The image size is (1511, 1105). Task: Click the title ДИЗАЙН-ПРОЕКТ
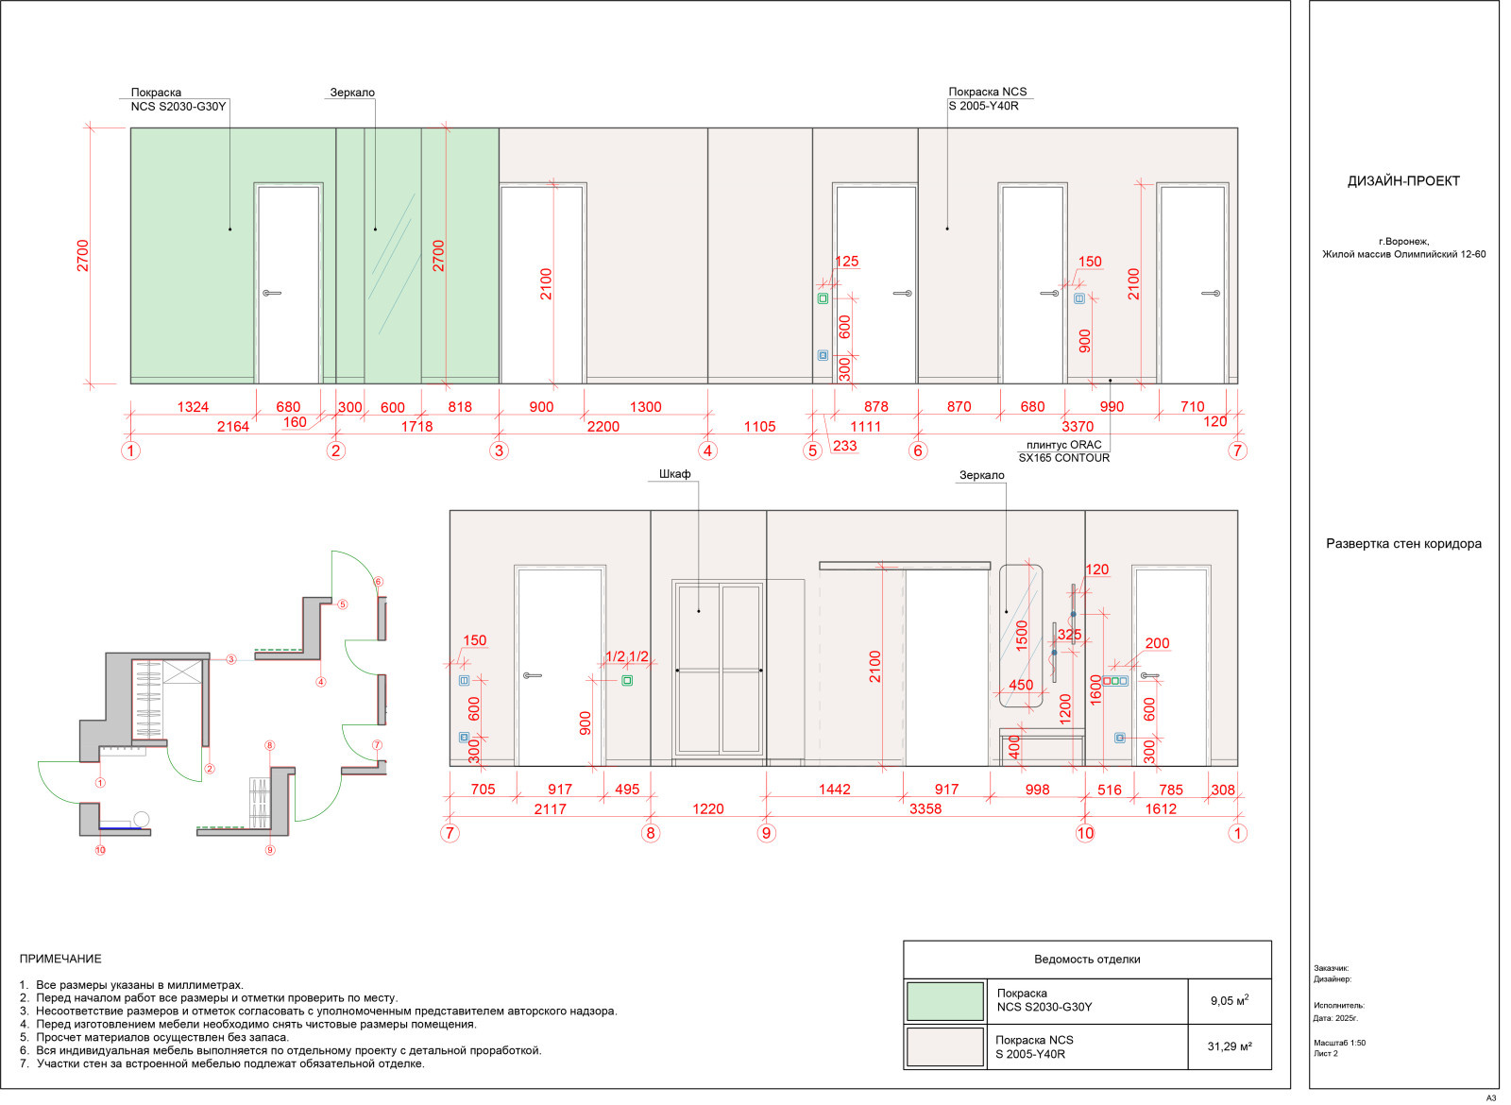coord(1403,180)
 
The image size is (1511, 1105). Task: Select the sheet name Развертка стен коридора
coord(1403,544)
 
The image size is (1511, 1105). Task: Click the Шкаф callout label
coord(674,473)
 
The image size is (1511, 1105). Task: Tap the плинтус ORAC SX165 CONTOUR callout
coord(1063,451)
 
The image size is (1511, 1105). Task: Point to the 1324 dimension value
coord(193,407)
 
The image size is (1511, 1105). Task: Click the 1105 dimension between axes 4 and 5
coord(759,426)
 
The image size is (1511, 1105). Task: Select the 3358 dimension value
coord(925,808)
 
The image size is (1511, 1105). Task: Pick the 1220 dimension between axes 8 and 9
coord(707,808)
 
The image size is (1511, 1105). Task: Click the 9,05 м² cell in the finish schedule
coord(1229,1000)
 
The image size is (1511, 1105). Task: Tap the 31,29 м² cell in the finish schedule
coord(1229,1046)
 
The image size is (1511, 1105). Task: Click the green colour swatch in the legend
coord(944,1001)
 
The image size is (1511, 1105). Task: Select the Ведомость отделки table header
coord(1087,960)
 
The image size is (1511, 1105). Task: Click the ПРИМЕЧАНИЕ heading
coord(60,959)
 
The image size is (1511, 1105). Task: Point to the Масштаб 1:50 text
coord(1339,1043)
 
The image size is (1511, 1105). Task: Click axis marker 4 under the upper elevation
coord(707,450)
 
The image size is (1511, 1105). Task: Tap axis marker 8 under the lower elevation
coord(651,833)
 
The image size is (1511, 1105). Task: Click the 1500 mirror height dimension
coord(1021,636)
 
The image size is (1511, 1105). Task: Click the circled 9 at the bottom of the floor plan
coord(270,850)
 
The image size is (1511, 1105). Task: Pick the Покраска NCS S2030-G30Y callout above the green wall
coord(178,99)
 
